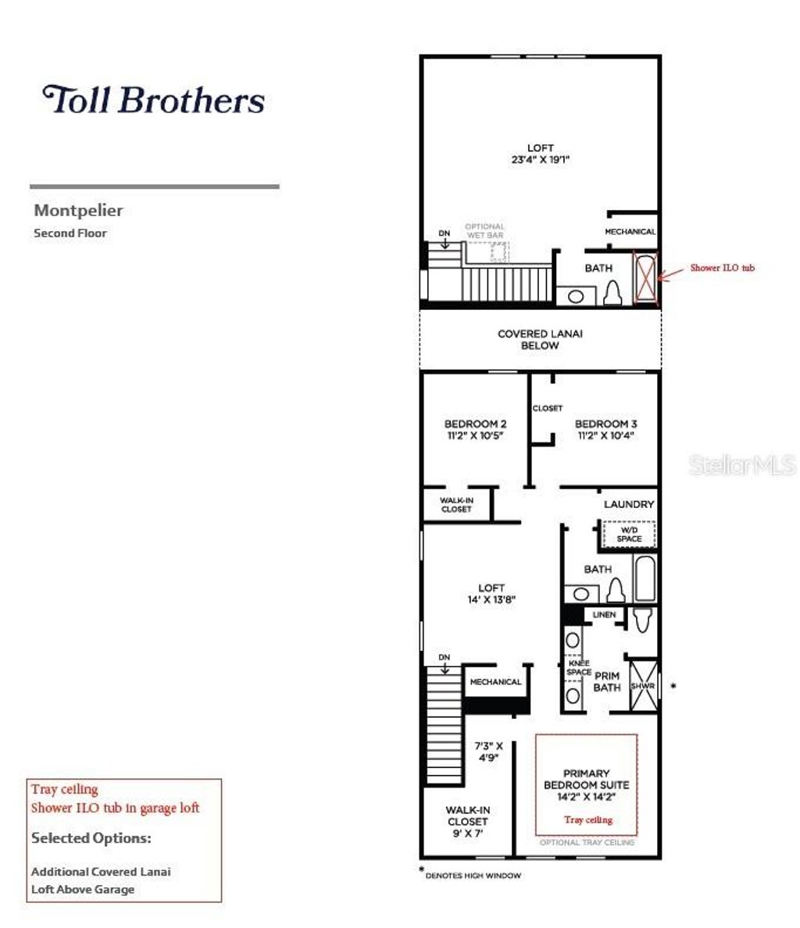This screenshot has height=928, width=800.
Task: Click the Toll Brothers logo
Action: (153, 100)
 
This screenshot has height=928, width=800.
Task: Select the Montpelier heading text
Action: (78, 210)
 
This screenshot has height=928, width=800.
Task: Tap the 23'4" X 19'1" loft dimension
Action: (540, 159)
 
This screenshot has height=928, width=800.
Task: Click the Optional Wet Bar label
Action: (484, 230)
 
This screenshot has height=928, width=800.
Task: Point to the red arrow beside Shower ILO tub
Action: (671, 272)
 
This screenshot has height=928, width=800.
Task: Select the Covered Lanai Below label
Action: (540, 340)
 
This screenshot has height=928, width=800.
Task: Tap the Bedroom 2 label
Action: (475, 424)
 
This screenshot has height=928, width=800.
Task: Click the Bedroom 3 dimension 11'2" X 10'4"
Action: (605, 436)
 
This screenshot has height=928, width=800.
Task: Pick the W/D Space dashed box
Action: (629, 535)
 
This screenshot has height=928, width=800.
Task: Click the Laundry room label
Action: (628, 504)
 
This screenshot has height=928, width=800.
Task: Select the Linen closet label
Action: (604, 615)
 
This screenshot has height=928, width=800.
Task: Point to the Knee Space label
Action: (579, 667)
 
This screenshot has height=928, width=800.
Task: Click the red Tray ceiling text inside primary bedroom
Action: (587, 820)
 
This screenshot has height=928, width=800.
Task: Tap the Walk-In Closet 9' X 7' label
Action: (467, 821)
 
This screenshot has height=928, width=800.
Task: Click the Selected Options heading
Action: (91, 838)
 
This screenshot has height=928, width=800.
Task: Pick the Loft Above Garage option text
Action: (83, 889)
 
